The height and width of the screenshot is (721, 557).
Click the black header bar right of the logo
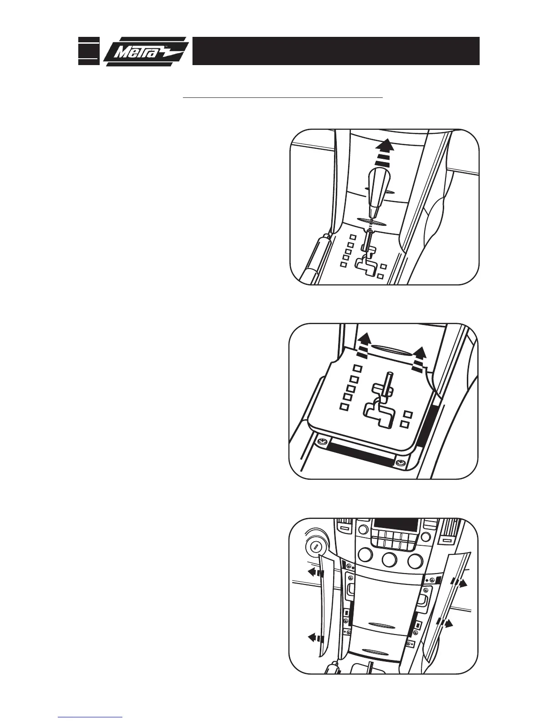click(x=335, y=51)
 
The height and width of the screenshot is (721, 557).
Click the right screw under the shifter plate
click(x=401, y=463)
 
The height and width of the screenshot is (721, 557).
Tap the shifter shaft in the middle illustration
click(x=388, y=383)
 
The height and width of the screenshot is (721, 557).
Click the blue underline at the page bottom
click(x=91, y=717)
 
